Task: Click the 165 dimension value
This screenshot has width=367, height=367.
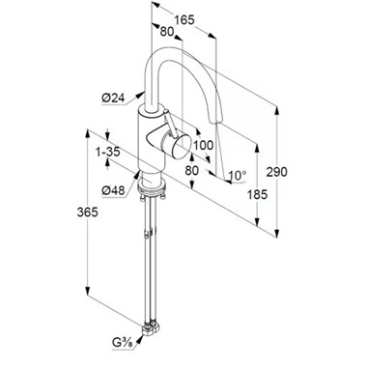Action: pyautogui.click(x=184, y=20)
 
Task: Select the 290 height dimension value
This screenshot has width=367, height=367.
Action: pyautogui.click(x=276, y=172)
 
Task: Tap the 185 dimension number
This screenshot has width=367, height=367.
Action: pyautogui.click(x=257, y=194)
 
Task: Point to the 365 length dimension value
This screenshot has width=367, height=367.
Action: pyautogui.click(x=87, y=212)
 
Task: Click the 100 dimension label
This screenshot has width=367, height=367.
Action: pyautogui.click(x=204, y=145)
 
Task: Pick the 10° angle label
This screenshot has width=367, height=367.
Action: pyautogui.click(x=238, y=176)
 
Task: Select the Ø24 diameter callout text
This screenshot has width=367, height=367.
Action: pyautogui.click(x=113, y=98)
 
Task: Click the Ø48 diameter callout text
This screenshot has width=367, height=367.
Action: pyautogui.click(x=113, y=190)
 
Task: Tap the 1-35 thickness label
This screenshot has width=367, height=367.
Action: pyautogui.click(x=108, y=152)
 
